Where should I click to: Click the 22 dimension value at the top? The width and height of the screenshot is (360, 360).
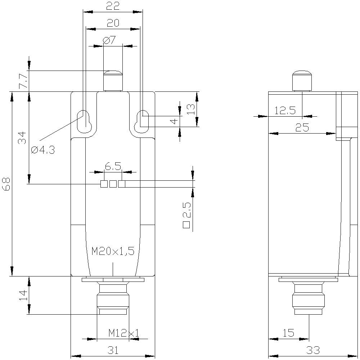click(113, 6)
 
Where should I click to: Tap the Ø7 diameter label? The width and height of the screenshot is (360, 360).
click(109, 40)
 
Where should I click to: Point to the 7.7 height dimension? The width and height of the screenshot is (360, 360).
click(22, 81)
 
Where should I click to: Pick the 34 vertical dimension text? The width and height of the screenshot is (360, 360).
click(22, 138)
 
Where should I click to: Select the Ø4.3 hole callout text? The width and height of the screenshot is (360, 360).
click(43, 150)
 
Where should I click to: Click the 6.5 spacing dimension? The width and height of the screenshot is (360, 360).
click(113, 166)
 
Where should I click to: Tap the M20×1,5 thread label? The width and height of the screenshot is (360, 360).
click(113, 251)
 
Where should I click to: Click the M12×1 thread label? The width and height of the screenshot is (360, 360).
click(123, 333)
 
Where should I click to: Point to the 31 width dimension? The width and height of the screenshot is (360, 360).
click(113, 350)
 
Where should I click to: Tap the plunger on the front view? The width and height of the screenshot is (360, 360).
click(113, 81)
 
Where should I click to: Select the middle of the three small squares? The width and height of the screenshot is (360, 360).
click(113, 184)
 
